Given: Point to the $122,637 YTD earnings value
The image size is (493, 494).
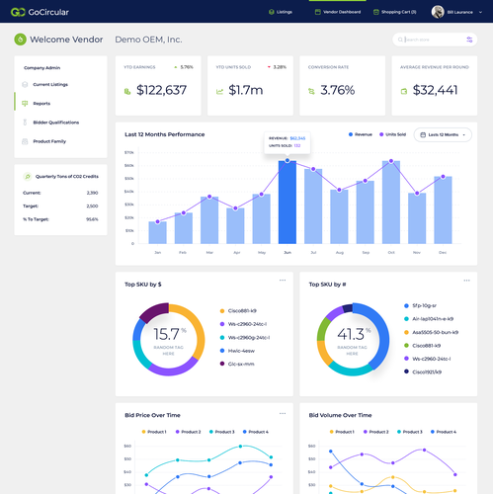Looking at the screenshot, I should tap(161, 90).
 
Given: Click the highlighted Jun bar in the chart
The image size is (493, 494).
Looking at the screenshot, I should tap(287, 203).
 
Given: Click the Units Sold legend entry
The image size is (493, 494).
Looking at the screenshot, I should tap(393, 134).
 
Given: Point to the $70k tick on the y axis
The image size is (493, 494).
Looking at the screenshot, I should tap(128, 153).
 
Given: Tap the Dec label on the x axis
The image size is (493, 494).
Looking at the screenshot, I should tap(442, 253).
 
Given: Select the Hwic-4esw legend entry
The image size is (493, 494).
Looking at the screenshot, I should tap(241, 350).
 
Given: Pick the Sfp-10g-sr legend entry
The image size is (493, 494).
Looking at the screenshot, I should tap(425, 305).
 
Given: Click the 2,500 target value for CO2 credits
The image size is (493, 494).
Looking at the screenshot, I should tap(92, 206).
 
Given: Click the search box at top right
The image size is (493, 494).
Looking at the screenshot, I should tap(429, 40).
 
